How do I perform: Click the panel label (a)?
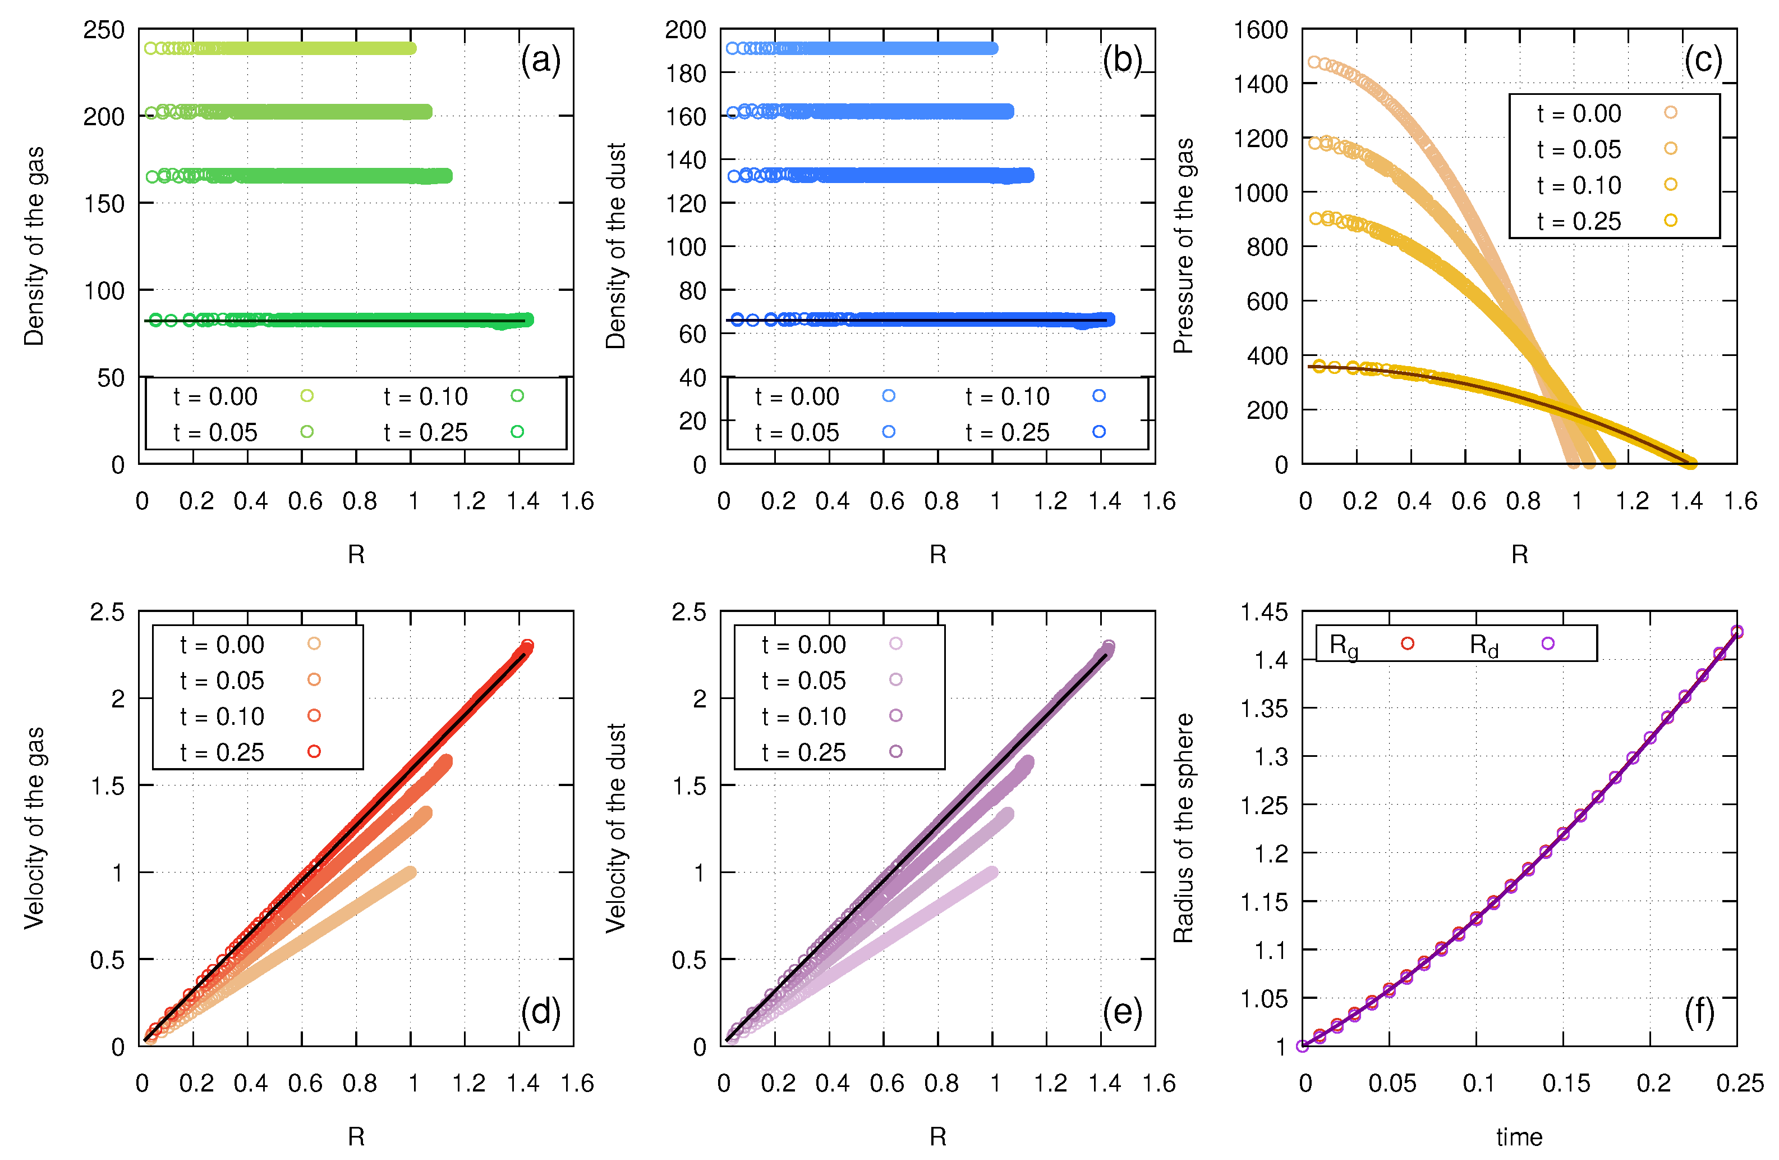point(540,60)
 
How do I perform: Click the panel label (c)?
point(1703,60)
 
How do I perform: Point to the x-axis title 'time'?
point(1519,1137)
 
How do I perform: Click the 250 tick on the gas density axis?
point(104,30)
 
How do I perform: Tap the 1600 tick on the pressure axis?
point(1260,30)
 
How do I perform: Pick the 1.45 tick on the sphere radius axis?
point(1264,612)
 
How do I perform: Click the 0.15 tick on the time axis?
point(1566,1083)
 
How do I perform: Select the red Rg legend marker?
point(1408,643)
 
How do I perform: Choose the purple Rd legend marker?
point(1548,643)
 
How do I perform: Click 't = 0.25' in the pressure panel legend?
point(1579,221)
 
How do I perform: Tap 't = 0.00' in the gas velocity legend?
point(222,645)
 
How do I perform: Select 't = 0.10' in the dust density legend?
point(1008,396)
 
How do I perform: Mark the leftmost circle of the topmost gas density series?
point(150,49)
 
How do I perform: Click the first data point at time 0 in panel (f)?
point(1303,1045)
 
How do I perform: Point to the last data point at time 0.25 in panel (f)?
point(1737,632)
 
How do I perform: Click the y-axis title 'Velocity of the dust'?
point(616,828)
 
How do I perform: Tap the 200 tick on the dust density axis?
point(686,30)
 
